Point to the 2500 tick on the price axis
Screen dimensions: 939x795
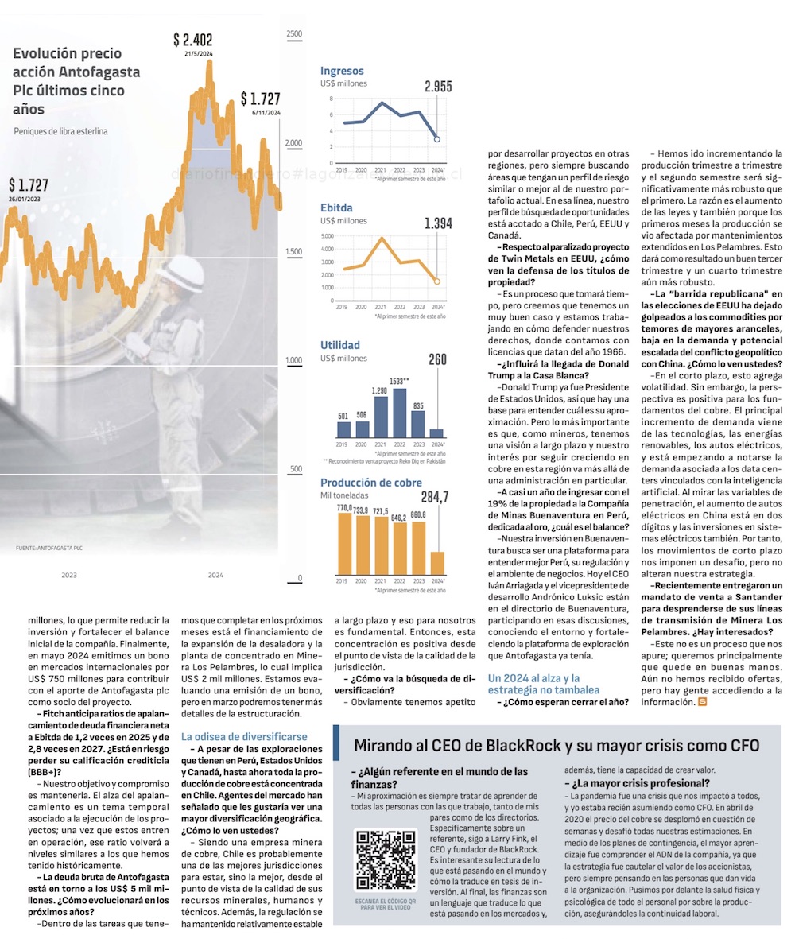point(293,34)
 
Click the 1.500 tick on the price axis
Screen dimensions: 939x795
point(293,252)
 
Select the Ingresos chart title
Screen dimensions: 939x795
point(342,71)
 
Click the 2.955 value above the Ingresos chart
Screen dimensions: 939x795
point(438,87)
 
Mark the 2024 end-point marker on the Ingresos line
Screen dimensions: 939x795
point(436,139)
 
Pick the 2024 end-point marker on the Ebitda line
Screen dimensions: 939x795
point(436,281)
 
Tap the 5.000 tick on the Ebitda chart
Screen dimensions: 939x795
point(328,237)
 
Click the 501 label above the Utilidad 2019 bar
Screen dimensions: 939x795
point(343,416)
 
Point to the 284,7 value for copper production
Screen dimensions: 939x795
point(434,498)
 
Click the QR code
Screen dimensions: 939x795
point(385,860)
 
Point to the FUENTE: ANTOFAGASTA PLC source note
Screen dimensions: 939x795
point(49,549)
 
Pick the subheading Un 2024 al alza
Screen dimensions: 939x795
point(534,684)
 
